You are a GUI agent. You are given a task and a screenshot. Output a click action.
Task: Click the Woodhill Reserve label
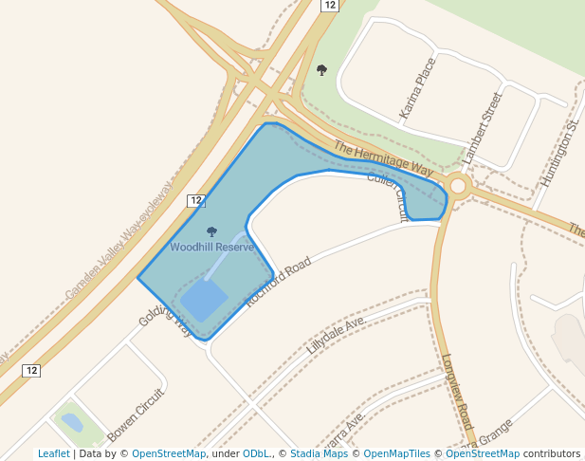coord(211,248)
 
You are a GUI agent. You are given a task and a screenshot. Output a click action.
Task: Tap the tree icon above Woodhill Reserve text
coord(211,232)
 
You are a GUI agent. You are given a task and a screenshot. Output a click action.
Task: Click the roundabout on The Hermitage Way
coord(459,186)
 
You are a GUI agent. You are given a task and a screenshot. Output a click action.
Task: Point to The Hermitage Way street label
coord(383,157)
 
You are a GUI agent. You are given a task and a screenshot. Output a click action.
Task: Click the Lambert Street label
coord(481,126)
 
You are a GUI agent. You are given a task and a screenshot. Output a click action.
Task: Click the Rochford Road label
coord(278,282)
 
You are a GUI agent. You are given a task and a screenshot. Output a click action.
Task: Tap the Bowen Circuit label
coord(136,415)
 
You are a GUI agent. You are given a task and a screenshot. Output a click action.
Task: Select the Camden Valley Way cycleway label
coord(119,243)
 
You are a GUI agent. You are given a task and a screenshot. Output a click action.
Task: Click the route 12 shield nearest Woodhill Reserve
coord(195,200)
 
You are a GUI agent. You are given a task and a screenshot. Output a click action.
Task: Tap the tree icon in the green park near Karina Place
coord(321,70)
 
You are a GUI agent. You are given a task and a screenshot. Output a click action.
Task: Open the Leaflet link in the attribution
coord(53,453)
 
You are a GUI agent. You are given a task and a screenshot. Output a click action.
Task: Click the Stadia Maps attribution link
coord(318,453)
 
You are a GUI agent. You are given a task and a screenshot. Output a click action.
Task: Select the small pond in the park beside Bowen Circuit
coord(71,422)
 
